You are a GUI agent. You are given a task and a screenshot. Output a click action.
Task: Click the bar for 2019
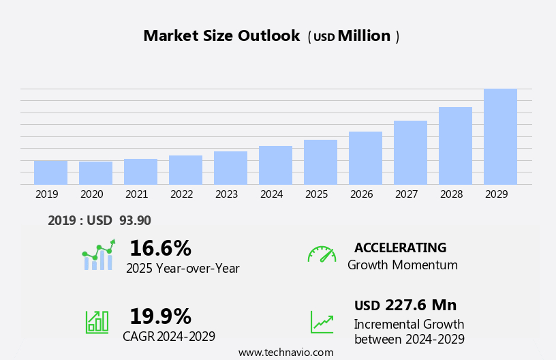(x=50, y=172)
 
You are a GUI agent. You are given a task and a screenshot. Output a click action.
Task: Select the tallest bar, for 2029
(x=500, y=136)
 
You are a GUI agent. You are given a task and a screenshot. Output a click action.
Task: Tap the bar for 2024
(x=275, y=165)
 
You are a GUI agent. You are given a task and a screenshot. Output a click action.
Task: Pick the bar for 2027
(x=410, y=153)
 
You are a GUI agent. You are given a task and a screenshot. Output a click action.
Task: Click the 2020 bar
(x=95, y=173)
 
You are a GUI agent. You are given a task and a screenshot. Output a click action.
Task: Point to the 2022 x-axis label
(x=181, y=194)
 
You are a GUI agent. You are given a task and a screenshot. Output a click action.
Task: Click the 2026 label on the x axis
(x=361, y=194)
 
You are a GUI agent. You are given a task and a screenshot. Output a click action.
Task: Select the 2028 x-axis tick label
(x=451, y=194)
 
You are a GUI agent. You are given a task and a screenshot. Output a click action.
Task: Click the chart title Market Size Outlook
(x=221, y=36)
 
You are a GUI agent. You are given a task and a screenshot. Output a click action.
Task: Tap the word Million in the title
(x=364, y=36)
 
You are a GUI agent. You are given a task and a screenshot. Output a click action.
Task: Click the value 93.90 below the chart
(x=135, y=220)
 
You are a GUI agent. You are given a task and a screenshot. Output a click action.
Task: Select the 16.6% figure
(x=160, y=248)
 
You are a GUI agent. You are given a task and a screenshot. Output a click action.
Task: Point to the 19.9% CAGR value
(x=160, y=316)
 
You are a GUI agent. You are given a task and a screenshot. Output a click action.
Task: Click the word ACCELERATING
(x=400, y=247)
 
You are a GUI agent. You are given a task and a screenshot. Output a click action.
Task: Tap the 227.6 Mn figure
(x=420, y=305)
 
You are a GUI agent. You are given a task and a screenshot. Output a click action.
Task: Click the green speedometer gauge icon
(x=322, y=254)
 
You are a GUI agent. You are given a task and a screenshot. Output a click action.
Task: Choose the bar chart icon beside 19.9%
(x=97, y=321)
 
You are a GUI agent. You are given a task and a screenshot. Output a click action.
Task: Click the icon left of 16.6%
(x=98, y=256)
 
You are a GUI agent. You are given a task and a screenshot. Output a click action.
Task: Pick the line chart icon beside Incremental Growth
(x=322, y=322)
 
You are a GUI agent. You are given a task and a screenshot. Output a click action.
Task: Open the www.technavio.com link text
(x=285, y=352)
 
